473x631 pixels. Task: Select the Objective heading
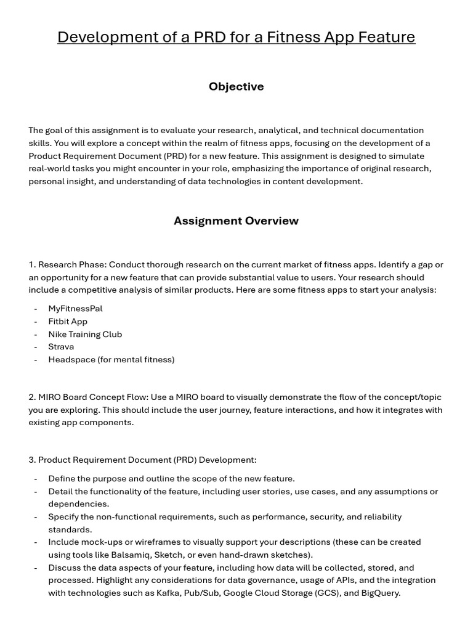coord(236,87)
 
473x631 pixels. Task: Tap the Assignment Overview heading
coord(236,221)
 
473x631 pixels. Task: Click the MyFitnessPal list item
coord(75,309)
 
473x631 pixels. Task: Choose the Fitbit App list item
coord(68,322)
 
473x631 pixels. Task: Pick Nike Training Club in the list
coord(85,334)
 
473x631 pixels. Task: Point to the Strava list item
coord(61,347)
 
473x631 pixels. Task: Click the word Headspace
coord(71,360)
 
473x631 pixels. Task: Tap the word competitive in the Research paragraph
coord(82,290)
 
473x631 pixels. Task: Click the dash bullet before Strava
coord(36,347)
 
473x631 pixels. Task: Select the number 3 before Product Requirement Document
coord(31,460)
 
